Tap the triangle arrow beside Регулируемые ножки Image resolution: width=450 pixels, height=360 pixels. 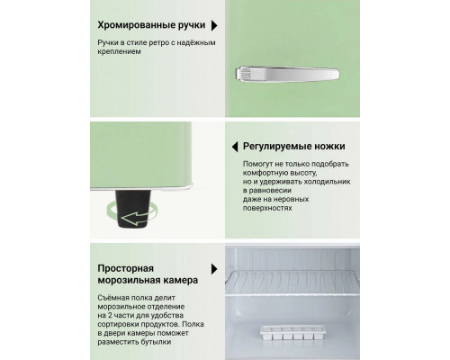(234, 146)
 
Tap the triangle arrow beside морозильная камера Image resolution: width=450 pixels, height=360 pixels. (213, 268)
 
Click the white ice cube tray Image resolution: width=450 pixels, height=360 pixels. (295, 330)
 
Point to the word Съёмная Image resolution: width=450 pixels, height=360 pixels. (118, 300)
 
